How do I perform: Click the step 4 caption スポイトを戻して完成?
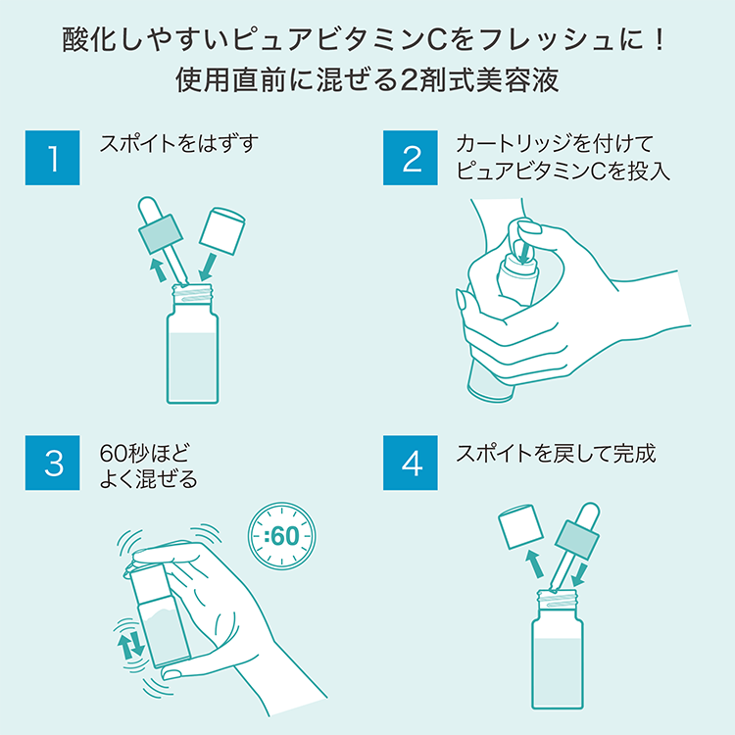(x=556, y=453)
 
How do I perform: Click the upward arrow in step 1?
(x=155, y=269)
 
